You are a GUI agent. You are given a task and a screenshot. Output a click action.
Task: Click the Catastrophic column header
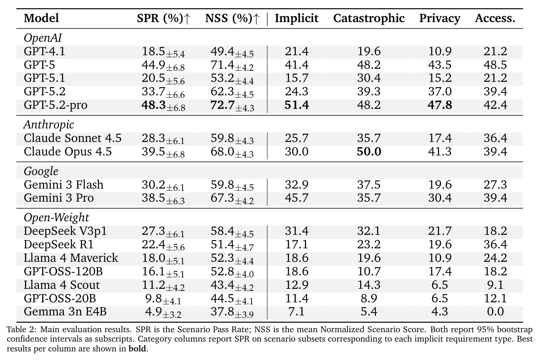(x=369, y=18)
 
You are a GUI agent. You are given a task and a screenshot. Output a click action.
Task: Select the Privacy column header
(x=440, y=18)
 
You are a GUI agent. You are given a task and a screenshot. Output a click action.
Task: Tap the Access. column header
(x=495, y=18)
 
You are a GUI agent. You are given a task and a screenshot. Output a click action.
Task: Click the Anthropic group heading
(x=49, y=125)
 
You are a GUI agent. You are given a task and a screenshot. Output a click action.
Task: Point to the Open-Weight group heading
(x=56, y=218)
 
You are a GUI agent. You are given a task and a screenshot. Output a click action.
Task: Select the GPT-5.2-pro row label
(x=56, y=105)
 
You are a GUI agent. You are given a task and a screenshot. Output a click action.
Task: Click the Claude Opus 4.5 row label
(x=68, y=152)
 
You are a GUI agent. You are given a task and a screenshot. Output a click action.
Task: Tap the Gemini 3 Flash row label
(x=63, y=184)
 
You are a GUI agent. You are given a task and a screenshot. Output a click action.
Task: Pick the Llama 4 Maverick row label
(x=71, y=258)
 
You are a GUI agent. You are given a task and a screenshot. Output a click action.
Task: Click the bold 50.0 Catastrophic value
(x=369, y=152)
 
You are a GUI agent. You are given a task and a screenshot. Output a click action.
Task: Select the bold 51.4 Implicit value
(x=296, y=105)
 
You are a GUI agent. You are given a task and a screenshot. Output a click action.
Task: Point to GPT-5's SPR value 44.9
(x=153, y=65)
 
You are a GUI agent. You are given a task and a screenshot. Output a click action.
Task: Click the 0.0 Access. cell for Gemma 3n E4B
(x=495, y=312)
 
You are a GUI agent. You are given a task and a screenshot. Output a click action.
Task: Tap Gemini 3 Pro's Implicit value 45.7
(x=296, y=198)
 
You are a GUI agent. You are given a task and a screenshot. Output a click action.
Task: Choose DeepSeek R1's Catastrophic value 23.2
(x=369, y=245)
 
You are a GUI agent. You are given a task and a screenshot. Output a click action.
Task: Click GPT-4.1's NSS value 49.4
(x=222, y=52)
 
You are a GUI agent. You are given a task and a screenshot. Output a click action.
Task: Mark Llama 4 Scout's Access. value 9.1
(x=495, y=285)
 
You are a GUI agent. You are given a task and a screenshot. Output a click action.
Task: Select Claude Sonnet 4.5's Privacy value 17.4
(x=440, y=138)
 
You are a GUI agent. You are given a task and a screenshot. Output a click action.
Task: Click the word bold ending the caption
(x=137, y=349)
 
